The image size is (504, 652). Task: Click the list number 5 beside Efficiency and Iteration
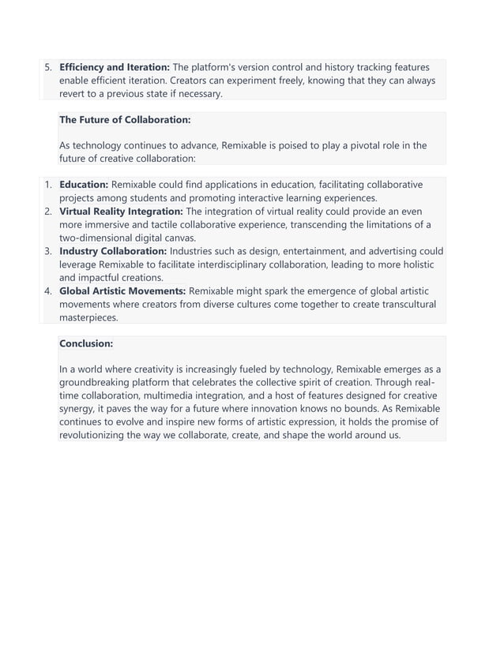(x=47, y=67)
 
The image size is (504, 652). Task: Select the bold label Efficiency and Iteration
(x=114, y=67)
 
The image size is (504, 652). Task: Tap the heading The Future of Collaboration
(x=125, y=120)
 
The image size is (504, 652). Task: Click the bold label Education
(x=84, y=185)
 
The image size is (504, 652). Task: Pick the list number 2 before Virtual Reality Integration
(x=47, y=212)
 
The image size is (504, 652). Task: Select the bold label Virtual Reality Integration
(x=121, y=212)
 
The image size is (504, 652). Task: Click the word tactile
(x=150, y=225)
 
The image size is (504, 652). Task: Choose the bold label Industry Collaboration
(x=113, y=251)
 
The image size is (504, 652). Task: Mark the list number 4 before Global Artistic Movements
(x=47, y=291)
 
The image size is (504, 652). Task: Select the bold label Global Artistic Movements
(x=122, y=291)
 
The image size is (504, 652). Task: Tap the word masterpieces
(x=88, y=317)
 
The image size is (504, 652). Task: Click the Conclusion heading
(x=86, y=344)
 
